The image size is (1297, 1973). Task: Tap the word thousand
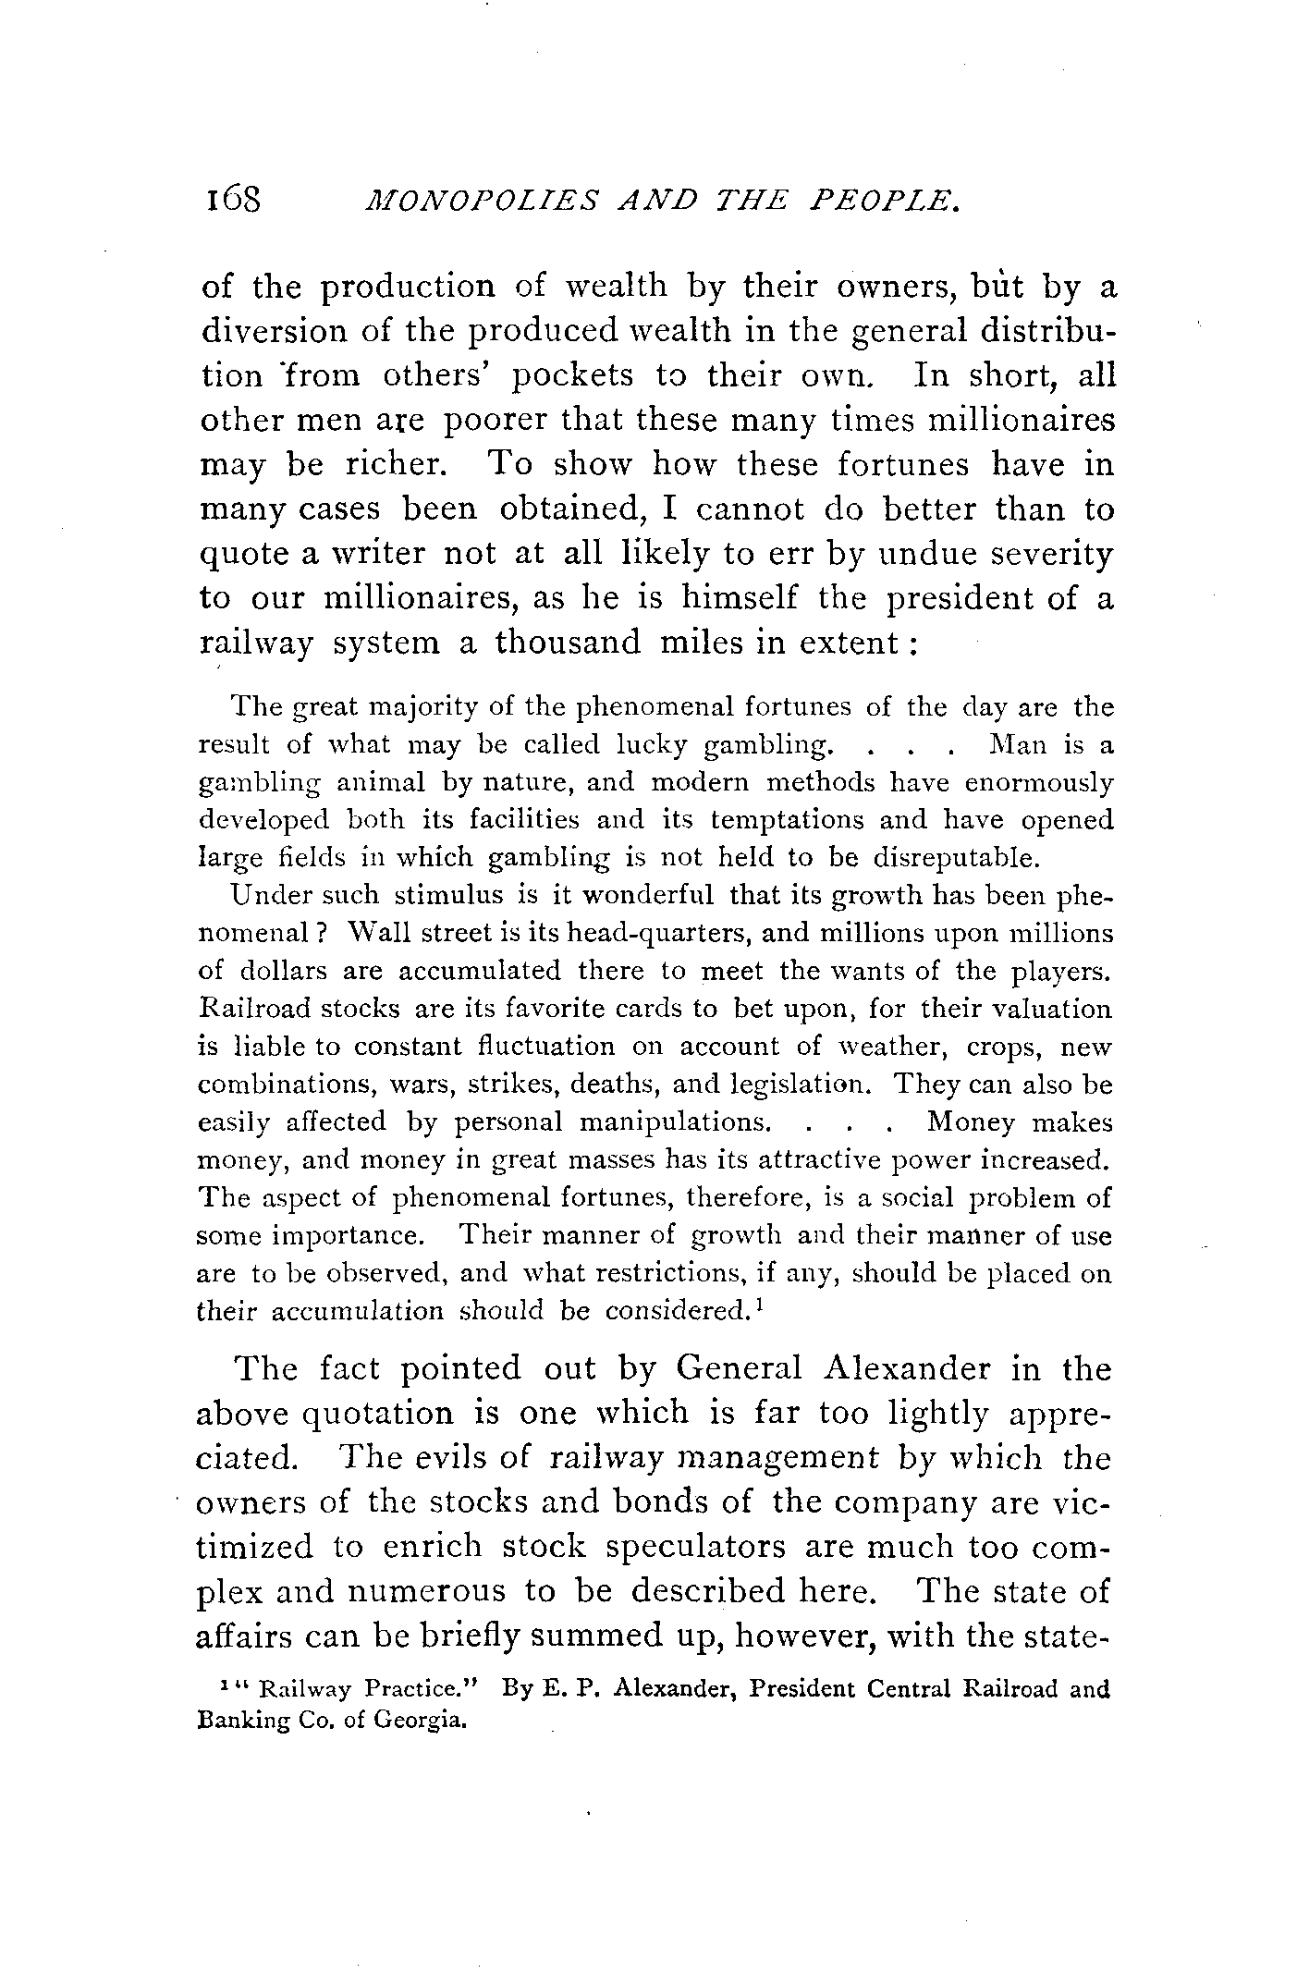pos(568,643)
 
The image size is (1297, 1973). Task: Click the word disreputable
pos(958,858)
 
